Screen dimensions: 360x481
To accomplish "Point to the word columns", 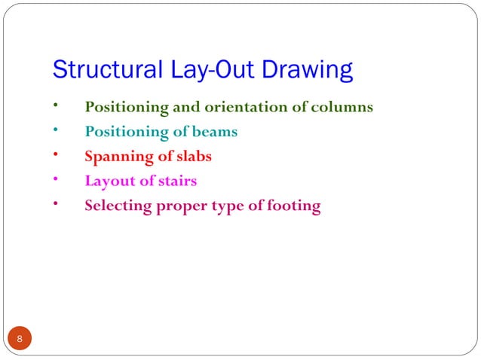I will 342,107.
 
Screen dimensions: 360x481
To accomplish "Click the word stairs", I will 177,181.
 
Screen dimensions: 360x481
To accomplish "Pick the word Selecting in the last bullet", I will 117,206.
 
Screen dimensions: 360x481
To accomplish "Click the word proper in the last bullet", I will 182,206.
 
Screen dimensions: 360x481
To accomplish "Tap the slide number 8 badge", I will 20,339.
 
